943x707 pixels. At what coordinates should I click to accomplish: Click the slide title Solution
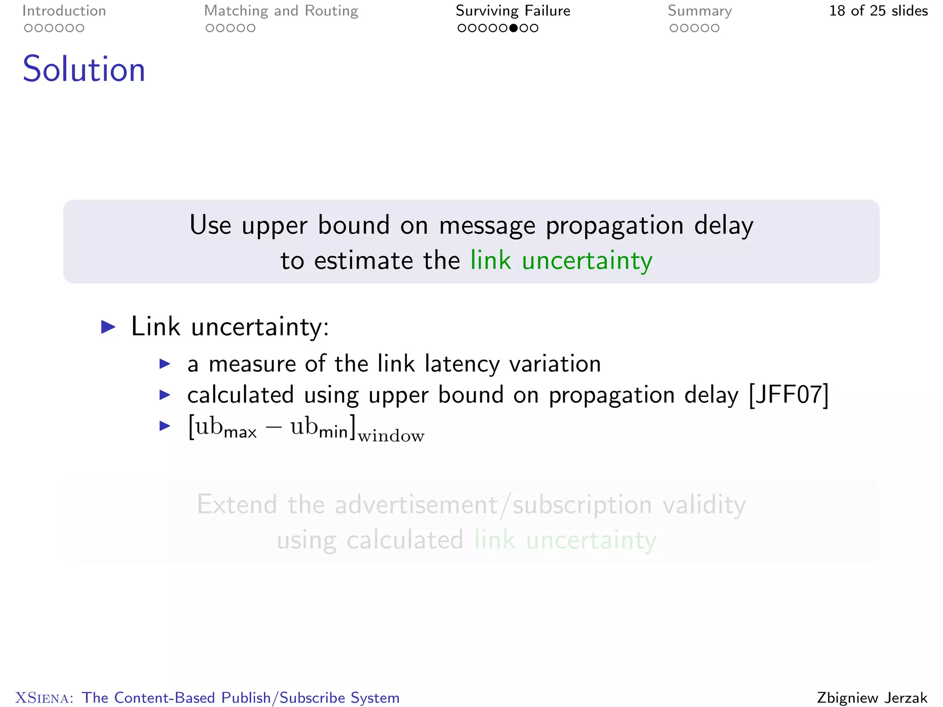(84, 69)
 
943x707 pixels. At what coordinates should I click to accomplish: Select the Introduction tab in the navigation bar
(64, 11)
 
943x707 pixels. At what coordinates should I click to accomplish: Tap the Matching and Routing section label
(281, 11)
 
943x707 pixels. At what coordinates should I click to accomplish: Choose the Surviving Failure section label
(513, 11)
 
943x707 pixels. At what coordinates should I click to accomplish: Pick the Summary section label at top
(699, 11)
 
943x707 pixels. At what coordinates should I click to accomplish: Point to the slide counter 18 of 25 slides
(878, 11)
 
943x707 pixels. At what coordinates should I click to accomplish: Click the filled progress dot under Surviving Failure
(513, 28)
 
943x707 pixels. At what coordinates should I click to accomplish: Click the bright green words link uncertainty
(561, 261)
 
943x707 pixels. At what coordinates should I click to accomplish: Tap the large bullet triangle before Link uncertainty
(108, 327)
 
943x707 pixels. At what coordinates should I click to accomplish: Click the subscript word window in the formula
(391, 436)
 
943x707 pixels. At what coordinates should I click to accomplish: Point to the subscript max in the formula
(240, 433)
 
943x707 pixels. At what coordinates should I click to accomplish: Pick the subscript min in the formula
(333, 432)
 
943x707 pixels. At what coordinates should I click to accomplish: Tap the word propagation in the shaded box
(615, 226)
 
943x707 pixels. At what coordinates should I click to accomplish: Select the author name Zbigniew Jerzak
(872, 697)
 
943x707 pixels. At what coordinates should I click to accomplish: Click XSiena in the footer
(44, 698)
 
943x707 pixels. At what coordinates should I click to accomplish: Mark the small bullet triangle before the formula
(165, 426)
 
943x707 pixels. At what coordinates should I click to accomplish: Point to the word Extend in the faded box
(237, 504)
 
